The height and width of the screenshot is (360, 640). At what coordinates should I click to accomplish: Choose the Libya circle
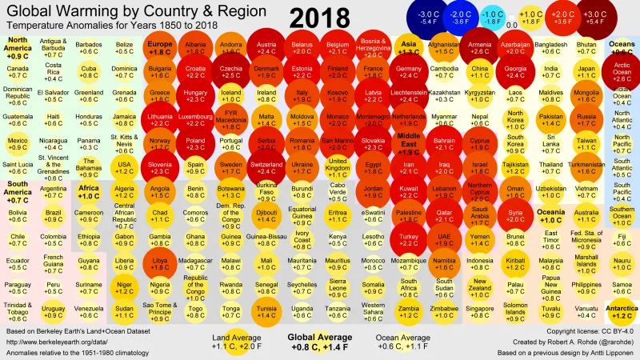click(159, 266)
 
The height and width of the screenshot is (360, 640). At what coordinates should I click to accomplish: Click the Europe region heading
click(160, 48)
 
